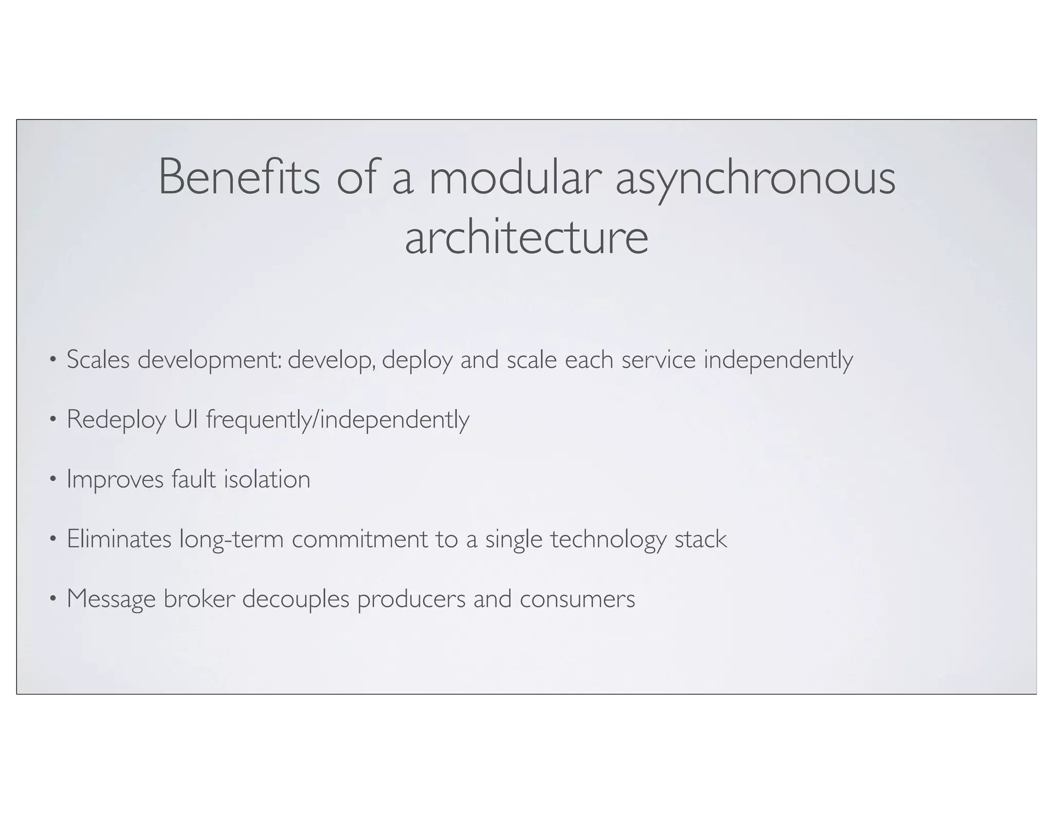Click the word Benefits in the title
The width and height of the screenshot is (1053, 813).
[239, 177]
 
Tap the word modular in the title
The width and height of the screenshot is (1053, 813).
[515, 177]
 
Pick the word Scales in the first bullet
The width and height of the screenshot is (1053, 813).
[98, 360]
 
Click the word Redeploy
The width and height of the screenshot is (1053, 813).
[116, 420]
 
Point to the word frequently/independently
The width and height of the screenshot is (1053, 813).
[338, 420]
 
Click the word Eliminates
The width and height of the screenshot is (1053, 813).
[119, 539]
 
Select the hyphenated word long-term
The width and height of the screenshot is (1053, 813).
[231, 540]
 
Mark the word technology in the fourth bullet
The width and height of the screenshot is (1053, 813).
[608, 540]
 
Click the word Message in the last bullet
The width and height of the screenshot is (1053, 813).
[111, 600]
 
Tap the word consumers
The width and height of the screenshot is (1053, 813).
[577, 599]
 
